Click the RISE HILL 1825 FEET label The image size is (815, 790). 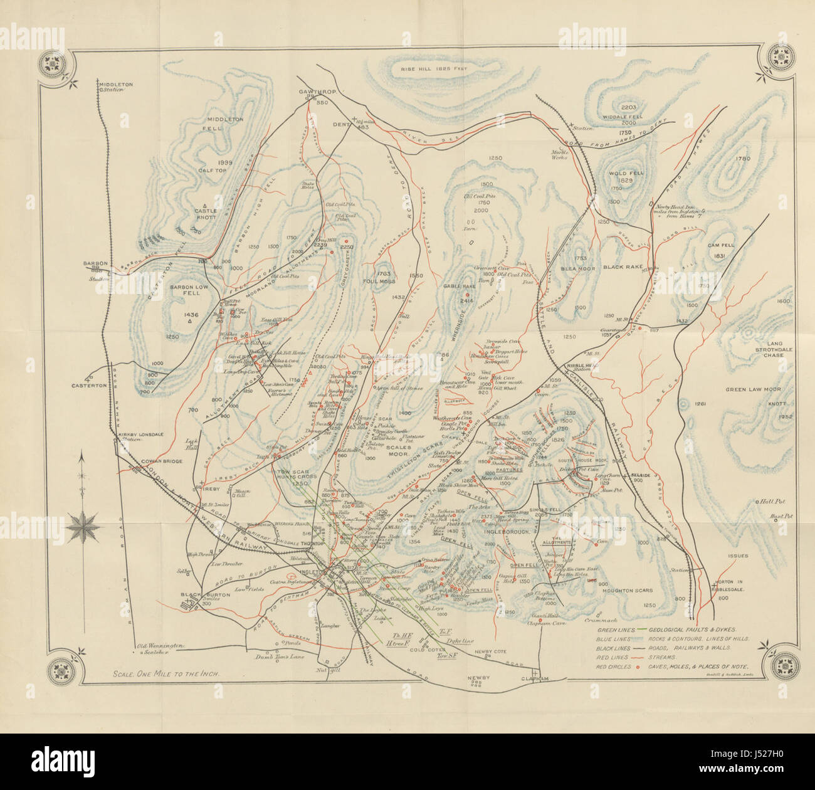point(439,68)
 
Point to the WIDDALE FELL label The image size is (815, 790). point(628,117)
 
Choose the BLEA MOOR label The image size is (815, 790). point(577,268)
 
